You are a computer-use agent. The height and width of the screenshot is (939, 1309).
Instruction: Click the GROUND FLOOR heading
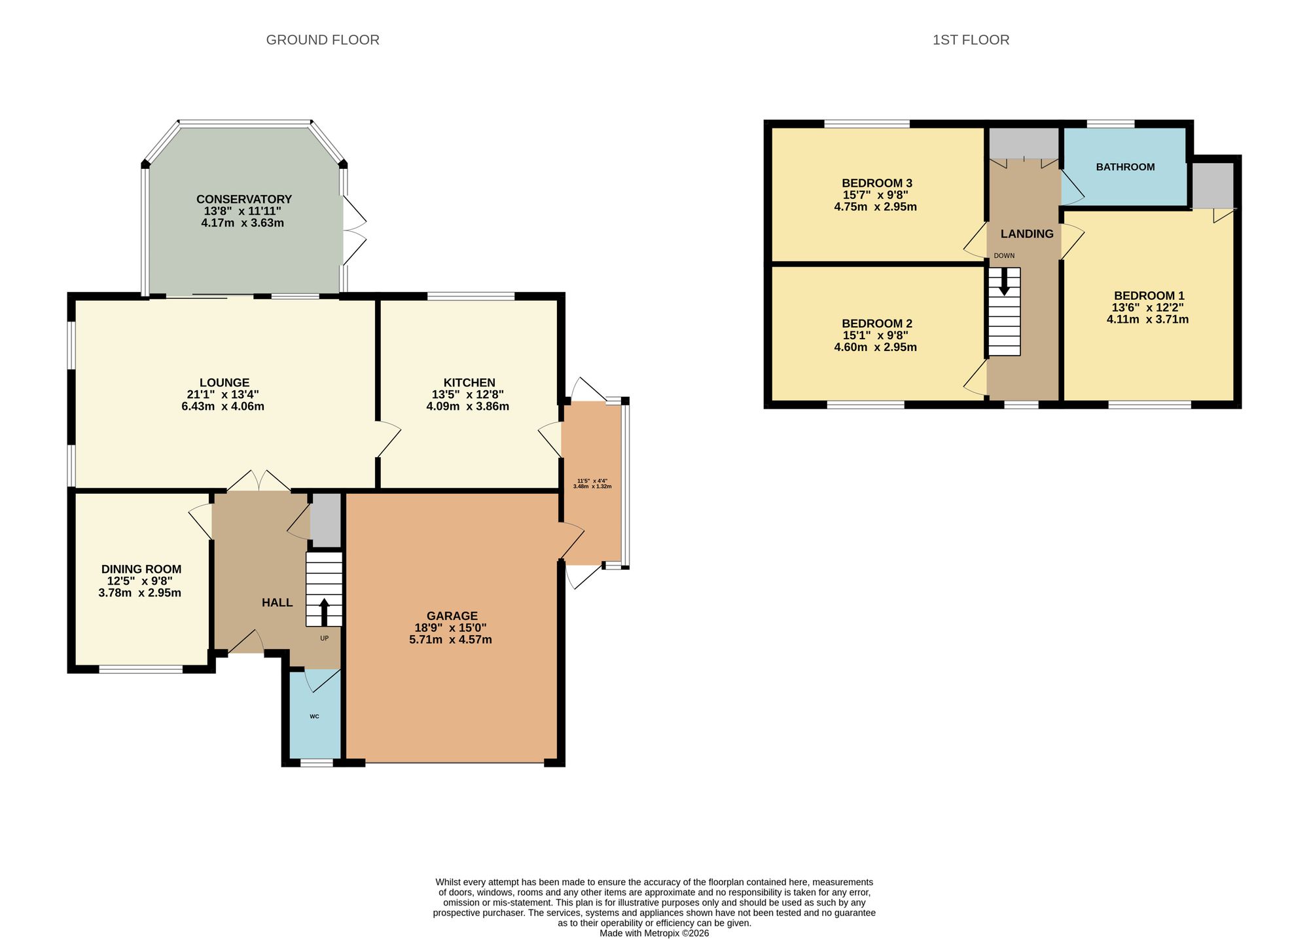[x=323, y=40]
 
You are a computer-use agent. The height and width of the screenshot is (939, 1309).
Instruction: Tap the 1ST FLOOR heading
[x=971, y=40]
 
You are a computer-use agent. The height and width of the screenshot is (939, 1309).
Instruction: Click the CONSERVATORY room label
[x=244, y=199]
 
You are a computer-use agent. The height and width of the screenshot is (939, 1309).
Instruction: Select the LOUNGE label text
[x=224, y=382]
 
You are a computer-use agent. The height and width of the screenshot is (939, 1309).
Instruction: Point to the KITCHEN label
[x=469, y=382]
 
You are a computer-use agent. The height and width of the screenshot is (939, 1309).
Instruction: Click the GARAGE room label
[x=452, y=616]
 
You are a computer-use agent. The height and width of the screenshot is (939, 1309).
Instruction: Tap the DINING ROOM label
[x=141, y=569]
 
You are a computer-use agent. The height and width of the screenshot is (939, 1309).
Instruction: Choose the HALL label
[x=278, y=602]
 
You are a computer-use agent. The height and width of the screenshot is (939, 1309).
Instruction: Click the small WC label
[x=314, y=716]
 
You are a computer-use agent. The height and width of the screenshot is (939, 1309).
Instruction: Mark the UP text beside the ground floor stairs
[x=324, y=638]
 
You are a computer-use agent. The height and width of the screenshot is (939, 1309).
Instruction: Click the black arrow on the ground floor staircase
[x=324, y=612]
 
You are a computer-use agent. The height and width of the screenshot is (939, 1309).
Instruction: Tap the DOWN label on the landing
[x=1004, y=255]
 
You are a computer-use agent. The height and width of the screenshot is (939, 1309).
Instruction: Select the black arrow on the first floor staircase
[x=1004, y=282]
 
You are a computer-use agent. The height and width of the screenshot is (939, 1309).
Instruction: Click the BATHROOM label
[x=1126, y=167]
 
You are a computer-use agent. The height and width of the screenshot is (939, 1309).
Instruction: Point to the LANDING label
[x=1027, y=234]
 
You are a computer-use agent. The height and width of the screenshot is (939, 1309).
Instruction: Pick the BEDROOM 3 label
[x=877, y=183]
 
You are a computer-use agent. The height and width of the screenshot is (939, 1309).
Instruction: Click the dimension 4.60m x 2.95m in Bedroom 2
[x=875, y=347]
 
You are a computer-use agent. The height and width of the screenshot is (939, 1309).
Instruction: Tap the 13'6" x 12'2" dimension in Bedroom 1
[x=1147, y=308]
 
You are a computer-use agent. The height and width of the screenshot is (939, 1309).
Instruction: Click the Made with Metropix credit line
[x=654, y=933]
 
